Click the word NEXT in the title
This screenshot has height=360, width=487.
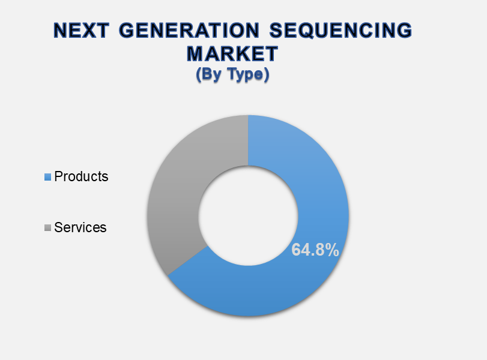tap(81, 31)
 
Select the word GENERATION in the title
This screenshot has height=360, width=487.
tap(189, 31)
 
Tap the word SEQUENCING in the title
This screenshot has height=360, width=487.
tap(340, 31)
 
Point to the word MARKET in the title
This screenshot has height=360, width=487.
tap(232, 53)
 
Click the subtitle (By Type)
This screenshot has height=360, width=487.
tap(232, 74)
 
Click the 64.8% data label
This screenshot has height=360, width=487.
tap(315, 250)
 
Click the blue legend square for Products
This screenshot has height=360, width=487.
tap(47, 177)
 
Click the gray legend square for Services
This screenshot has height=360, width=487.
tap(47, 228)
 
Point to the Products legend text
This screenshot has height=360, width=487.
tap(81, 176)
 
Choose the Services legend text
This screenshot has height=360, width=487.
tap(80, 227)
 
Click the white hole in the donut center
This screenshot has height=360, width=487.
tap(248, 215)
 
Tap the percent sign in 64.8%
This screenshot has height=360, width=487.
tap(331, 250)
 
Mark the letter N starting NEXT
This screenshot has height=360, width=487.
tap(60, 31)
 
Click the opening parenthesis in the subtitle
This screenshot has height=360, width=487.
tap(199, 75)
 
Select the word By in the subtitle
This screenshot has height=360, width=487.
tap(213, 75)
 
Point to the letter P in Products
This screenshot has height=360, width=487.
tap(58, 176)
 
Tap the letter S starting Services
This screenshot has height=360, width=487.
tap(58, 227)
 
